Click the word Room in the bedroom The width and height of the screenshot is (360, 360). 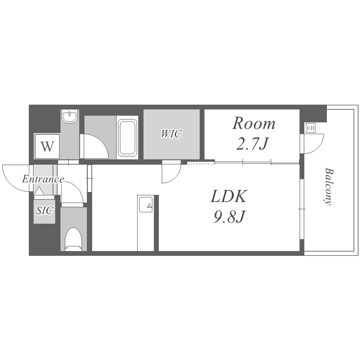(x=254, y=124)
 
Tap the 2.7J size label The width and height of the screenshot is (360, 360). (x=252, y=144)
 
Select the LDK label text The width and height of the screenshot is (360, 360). (x=228, y=196)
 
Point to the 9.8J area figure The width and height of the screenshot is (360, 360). (x=228, y=216)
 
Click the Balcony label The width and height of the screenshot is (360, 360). (x=328, y=187)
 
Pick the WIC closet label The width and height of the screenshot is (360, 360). (x=171, y=134)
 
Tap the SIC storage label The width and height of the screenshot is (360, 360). (x=45, y=210)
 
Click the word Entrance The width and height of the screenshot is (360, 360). (x=43, y=179)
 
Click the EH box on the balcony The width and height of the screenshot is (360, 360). (x=310, y=128)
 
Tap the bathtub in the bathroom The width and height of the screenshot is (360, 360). (x=127, y=138)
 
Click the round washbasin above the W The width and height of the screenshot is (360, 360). (x=70, y=117)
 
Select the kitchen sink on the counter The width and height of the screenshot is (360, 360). (x=145, y=204)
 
